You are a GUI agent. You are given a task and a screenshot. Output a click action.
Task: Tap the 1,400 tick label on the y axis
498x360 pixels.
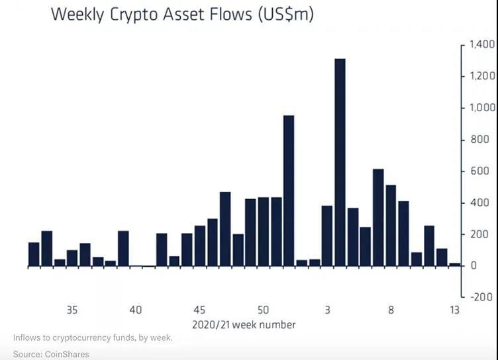481,45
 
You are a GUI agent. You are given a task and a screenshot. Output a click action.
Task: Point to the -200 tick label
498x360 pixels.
483,297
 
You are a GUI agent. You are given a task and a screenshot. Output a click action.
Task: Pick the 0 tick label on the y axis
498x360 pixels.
473,266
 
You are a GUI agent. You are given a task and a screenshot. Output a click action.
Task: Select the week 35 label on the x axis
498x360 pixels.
72,310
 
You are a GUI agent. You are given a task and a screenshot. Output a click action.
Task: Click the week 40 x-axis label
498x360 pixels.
136,310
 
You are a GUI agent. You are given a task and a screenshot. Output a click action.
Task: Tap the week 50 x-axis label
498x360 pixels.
263,310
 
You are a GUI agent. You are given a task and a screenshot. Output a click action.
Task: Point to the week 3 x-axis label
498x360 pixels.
327,310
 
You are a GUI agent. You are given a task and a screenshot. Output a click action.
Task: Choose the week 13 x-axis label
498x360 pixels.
454,310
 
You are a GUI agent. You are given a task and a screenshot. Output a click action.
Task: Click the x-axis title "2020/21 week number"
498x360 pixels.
244,325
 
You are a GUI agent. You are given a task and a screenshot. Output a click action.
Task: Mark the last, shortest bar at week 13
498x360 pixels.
454,265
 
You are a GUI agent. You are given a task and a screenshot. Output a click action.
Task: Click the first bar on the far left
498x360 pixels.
34,254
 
